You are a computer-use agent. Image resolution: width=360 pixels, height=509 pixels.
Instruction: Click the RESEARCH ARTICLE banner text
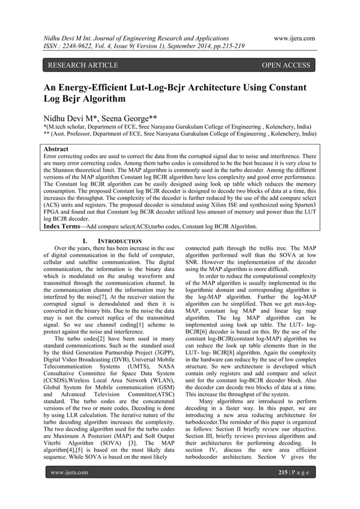[x=82, y=65]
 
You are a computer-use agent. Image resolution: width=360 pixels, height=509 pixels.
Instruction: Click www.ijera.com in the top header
[x=294, y=38]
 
